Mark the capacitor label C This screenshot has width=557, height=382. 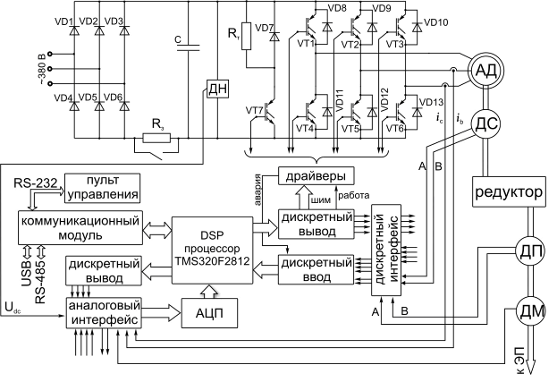(x=179, y=39)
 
